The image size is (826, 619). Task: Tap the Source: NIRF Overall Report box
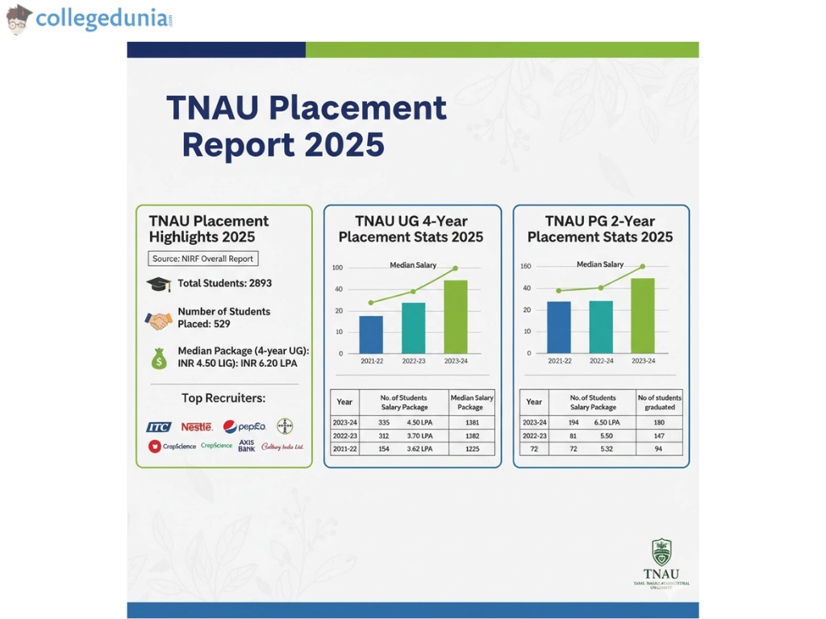[204, 259]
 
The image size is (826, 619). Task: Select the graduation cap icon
[158, 284]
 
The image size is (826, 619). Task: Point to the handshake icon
[159, 320]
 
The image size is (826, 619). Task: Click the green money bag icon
[159, 357]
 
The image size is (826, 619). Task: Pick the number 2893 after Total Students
[256, 284]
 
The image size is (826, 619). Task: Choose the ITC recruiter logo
[159, 426]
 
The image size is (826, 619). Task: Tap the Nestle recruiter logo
[197, 426]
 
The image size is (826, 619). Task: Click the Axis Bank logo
[247, 445]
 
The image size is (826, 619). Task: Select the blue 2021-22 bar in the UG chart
[371, 334]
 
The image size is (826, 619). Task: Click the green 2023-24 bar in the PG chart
[643, 315]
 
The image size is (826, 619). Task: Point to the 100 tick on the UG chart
[337, 268]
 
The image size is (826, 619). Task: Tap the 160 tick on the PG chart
[526, 266]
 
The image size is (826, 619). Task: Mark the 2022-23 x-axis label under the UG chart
[413, 361]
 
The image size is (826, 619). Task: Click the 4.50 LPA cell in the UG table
[420, 422]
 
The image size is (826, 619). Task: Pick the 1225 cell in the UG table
[472, 448]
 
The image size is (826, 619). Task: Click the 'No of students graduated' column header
[659, 402]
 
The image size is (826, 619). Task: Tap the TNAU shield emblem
[661, 552]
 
